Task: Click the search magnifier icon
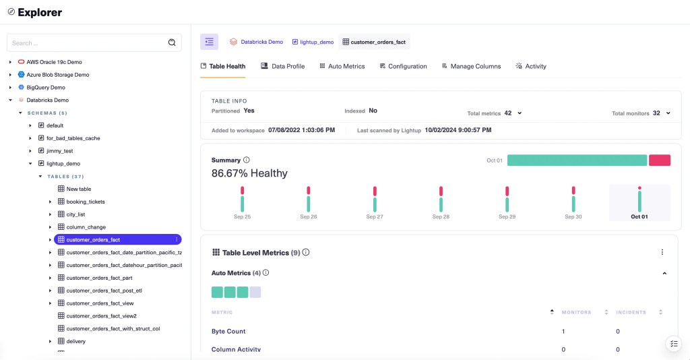[172, 42]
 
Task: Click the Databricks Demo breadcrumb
[261, 42]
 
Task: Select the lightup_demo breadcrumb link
[316, 42]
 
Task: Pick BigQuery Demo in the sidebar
[46, 88]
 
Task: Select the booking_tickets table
[86, 202]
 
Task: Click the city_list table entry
[75, 214]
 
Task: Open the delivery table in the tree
[76, 341]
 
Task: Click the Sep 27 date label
[375, 216]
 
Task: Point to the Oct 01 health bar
[639, 200]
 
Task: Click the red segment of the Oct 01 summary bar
[659, 160]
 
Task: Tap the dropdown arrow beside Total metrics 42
[520, 113]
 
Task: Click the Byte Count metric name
[228, 331]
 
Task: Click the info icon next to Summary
[247, 160]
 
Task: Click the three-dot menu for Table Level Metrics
[662, 252]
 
